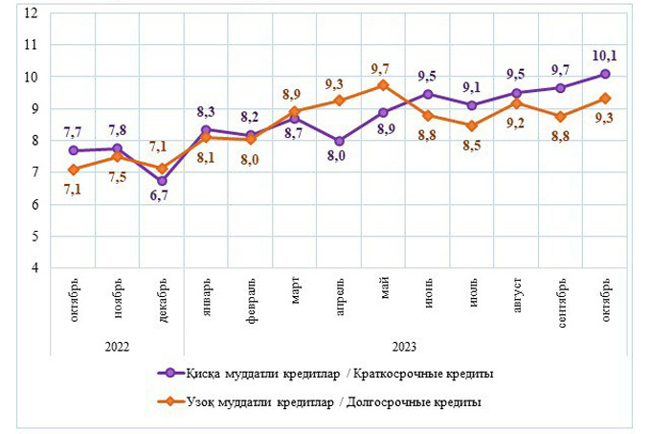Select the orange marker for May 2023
coord(383,85)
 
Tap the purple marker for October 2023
coord(605,74)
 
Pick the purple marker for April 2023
coord(340,141)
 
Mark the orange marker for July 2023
coord(472,126)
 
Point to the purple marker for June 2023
coord(428,94)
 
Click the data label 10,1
coord(605,56)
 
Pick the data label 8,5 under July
coord(472,147)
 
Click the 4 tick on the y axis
coord(34,268)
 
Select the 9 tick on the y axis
coord(34,109)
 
